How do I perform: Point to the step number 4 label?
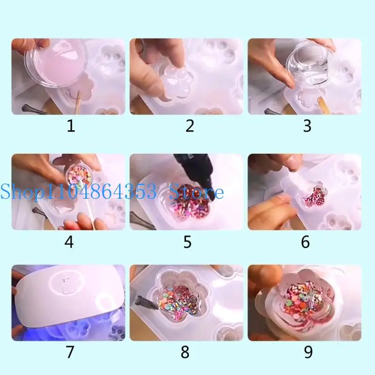[69, 242]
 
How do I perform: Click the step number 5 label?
[187, 242]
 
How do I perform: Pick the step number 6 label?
[306, 242]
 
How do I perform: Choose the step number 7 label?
[70, 352]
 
